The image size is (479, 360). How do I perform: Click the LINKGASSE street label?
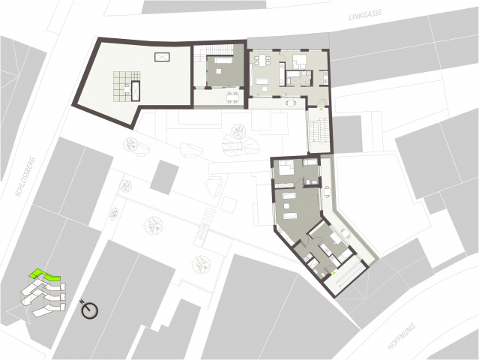point(365,15)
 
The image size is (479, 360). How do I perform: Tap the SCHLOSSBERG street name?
point(25,178)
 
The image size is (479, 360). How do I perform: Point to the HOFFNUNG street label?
point(401,337)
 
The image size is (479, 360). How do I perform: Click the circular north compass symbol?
point(89,310)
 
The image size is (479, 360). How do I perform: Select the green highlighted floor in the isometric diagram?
point(44,274)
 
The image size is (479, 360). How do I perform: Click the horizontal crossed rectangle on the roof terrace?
point(162,57)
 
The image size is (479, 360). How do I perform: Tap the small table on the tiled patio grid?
point(127,89)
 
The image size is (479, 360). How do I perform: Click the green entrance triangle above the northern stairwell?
point(321,109)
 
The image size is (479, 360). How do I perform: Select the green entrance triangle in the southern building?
point(334,273)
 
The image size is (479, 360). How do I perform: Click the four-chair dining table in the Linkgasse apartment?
point(262,59)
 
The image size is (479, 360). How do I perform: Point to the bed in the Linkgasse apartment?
point(298,61)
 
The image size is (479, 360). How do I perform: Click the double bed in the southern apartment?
point(286,167)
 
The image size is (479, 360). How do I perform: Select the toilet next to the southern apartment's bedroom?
point(308,183)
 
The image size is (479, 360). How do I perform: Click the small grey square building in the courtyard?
point(164,177)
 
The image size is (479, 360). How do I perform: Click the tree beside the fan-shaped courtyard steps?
point(238,130)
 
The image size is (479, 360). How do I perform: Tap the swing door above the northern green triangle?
point(320,103)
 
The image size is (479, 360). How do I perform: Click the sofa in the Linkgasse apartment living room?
point(262,81)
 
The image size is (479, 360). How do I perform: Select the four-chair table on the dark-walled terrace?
point(233,97)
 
